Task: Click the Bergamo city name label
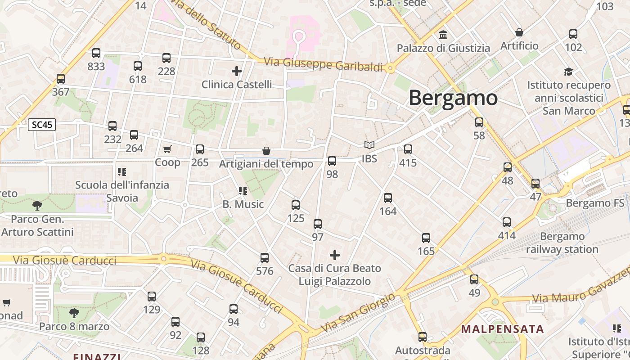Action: pyautogui.click(x=453, y=98)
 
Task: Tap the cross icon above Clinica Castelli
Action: pyautogui.click(x=237, y=71)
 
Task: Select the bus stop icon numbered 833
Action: pyautogui.click(x=96, y=53)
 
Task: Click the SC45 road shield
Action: pyautogui.click(x=42, y=125)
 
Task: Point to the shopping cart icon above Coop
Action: pyautogui.click(x=167, y=149)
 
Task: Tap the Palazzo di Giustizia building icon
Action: pyautogui.click(x=443, y=35)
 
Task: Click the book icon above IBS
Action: pyautogui.click(x=369, y=145)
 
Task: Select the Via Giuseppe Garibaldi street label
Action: pyautogui.click(x=323, y=64)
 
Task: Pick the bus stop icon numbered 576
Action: pyautogui.click(x=265, y=258)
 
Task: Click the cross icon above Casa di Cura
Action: pyautogui.click(x=335, y=255)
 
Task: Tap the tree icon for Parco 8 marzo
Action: pyautogui.click(x=74, y=313)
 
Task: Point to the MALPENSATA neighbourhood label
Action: pyautogui.click(x=502, y=328)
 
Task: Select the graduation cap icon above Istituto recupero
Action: pyautogui.click(x=569, y=72)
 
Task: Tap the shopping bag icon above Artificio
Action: pyautogui.click(x=519, y=32)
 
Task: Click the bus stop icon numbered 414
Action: pyautogui.click(x=507, y=222)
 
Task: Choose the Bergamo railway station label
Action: pyautogui.click(x=562, y=243)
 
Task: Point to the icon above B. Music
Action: pyautogui.click(x=243, y=191)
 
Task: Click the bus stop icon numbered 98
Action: pyautogui.click(x=332, y=161)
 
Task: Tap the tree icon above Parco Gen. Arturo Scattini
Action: pyautogui.click(x=37, y=206)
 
